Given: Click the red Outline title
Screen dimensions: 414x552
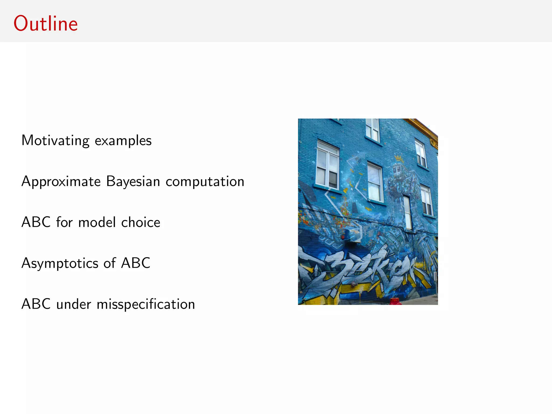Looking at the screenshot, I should point(46,24).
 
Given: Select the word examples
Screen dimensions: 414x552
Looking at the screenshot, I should point(123,141).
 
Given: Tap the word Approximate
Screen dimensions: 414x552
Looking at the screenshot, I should point(61,182).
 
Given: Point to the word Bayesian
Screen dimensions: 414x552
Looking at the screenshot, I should point(133,181).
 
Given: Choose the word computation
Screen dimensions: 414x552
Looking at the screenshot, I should point(205,182).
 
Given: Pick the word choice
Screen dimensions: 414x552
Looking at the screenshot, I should point(141,222).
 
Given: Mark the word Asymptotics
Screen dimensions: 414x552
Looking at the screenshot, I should point(60,264).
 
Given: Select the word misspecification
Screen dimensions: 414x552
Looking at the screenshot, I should point(146,304).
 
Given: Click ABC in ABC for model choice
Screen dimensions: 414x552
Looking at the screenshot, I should point(36,222).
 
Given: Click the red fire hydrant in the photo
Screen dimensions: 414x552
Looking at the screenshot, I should point(395,301).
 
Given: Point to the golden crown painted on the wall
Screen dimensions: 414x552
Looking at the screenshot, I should point(399,158).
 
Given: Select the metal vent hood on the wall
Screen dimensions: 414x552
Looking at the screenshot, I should point(353,235).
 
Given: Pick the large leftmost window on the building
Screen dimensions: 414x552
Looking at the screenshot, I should point(327,165).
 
